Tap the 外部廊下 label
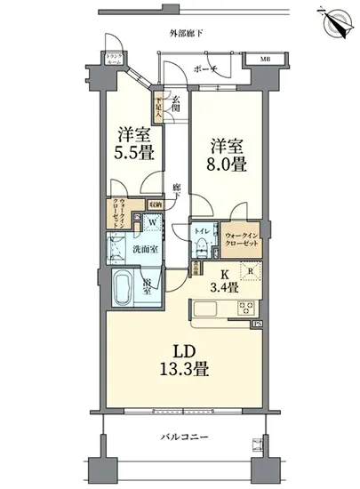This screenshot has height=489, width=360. [x=186, y=33]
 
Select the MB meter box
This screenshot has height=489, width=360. [x=264, y=60]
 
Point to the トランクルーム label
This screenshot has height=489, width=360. [x=116, y=57]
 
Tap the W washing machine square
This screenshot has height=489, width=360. [x=153, y=223]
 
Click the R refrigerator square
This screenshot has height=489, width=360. [x=252, y=273]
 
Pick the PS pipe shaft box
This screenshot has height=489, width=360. [x=257, y=325]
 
